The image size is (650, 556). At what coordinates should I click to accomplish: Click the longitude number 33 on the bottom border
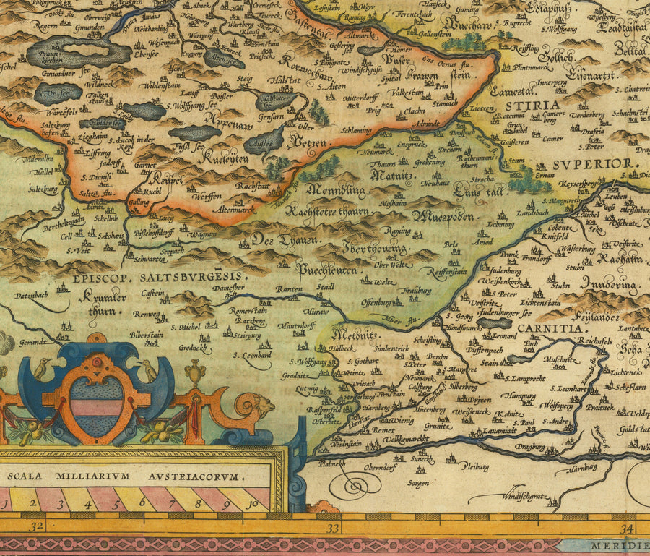click(333, 529)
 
